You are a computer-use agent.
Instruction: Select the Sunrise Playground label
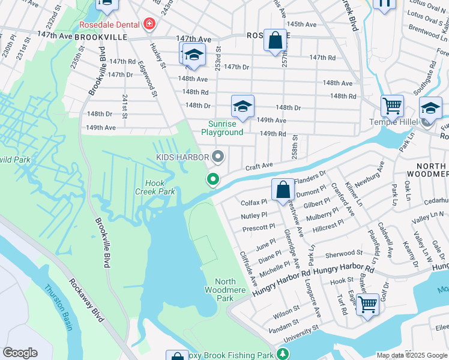[222, 128]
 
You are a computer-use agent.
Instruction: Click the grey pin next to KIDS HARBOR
[218, 157]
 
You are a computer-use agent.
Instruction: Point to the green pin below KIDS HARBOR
[212, 179]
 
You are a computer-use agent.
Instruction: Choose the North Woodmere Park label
[224, 289]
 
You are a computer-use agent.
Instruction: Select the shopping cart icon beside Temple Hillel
[392, 106]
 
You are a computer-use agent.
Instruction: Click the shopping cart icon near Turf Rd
[367, 304]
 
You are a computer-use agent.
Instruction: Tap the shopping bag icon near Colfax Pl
[283, 190]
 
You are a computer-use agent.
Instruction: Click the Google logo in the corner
[20, 353]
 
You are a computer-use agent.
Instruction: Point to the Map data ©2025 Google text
[412, 355]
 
